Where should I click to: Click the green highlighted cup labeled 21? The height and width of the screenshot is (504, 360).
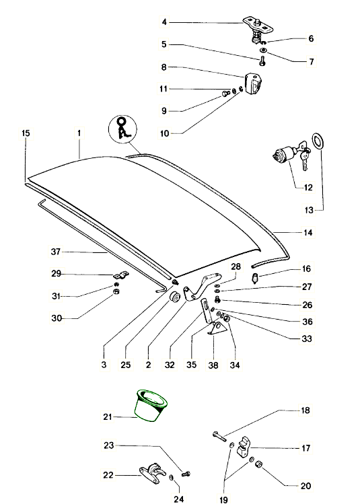coord(151,405)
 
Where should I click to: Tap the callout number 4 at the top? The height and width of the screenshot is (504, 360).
coord(164,22)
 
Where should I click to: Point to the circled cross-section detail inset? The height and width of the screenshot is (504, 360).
coord(122,130)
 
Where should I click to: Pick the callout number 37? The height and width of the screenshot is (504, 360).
coord(56,252)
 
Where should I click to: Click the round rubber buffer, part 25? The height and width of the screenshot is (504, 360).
coord(175,297)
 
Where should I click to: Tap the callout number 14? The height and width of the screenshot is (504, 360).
coord(308,232)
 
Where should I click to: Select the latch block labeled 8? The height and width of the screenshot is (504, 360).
coord(253,83)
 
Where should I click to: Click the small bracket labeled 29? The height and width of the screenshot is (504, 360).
coord(121,275)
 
